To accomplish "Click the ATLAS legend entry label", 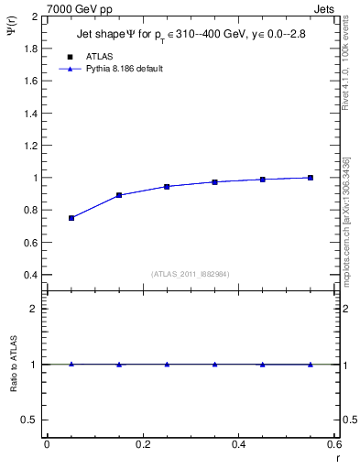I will click(x=99, y=56).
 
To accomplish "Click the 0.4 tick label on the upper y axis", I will click(x=31, y=275).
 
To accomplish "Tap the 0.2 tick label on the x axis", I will click(x=143, y=444).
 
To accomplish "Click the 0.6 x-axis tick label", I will click(x=334, y=444).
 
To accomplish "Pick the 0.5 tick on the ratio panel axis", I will click(x=32, y=420).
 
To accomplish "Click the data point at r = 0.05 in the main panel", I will click(x=71, y=218).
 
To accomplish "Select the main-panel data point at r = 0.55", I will click(x=311, y=178).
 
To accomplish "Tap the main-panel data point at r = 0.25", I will click(x=167, y=186).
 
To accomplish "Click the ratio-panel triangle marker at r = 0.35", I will click(x=214, y=364).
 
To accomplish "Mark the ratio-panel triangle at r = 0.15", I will click(x=119, y=364).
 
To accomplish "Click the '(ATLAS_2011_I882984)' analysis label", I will click(x=191, y=273).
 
